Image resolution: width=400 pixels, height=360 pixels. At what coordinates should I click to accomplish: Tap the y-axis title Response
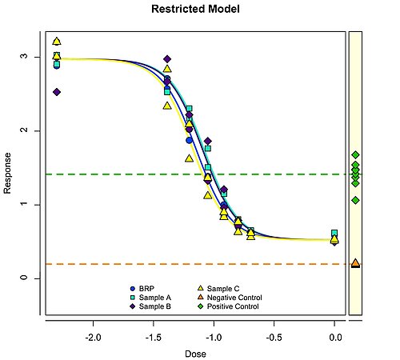click(x=9, y=174)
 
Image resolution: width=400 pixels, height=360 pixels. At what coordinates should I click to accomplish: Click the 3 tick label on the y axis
click(x=26, y=57)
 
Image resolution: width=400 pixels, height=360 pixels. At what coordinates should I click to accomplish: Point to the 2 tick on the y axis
click(x=26, y=130)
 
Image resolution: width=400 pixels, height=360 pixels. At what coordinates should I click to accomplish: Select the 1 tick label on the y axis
click(x=26, y=204)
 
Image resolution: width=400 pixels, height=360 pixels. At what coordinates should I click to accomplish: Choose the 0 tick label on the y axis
click(x=26, y=278)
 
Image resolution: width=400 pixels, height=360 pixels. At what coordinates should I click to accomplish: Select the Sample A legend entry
click(x=154, y=297)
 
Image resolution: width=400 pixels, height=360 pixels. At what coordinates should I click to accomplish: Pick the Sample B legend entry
click(x=154, y=306)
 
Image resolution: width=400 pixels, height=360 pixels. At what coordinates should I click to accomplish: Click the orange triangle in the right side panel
click(x=355, y=262)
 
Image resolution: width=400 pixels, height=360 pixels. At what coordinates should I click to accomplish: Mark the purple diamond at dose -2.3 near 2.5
click(x=56, y=92)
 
